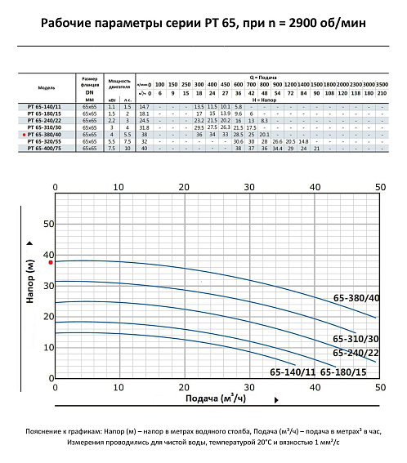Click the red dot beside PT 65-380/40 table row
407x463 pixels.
[22, 135]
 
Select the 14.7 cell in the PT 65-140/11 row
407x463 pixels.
[144, 107]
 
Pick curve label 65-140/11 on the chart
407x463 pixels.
[293, 372]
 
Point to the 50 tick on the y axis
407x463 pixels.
[48, 224]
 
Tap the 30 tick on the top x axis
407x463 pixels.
[250, 186]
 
